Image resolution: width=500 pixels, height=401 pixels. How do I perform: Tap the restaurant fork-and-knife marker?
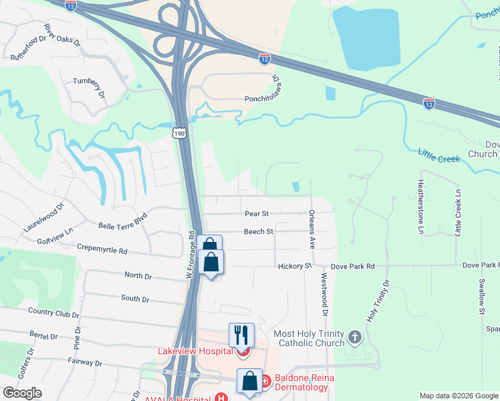pos(241,335)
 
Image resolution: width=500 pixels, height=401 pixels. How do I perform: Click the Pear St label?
pos(257,214)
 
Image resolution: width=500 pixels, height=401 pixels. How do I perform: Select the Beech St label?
pos(258,232)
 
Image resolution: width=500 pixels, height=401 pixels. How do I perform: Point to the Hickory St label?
pos(295,266)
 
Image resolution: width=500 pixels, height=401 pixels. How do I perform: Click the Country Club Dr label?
pos(53,311)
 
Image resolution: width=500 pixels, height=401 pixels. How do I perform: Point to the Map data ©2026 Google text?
pos(458,396)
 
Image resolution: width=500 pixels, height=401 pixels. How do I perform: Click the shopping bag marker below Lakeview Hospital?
pos(249,382)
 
